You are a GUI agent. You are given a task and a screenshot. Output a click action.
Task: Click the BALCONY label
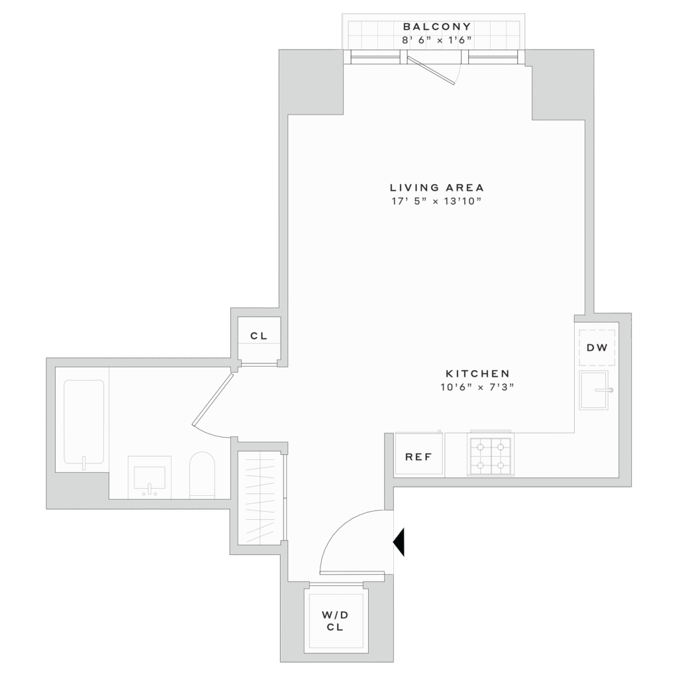click(x=436, y=26)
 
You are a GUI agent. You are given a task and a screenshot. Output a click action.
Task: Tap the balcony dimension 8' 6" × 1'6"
click(x=436, y=40)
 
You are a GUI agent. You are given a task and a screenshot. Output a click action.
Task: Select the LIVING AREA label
click(x=437, y=187)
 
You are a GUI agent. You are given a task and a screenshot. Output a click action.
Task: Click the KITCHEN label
click(x=477, y=373)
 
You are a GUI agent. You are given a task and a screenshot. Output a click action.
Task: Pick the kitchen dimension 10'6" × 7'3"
click(x=477, y=387)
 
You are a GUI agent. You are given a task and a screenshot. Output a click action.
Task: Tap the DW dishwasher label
click(x=597, y=347)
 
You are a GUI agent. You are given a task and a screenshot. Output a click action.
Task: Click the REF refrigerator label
click(x=418, y=457)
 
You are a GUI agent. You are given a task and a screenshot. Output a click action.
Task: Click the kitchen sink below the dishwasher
click(x=594, y=390)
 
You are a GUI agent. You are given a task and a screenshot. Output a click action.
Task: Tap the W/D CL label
click(x=335, y=621)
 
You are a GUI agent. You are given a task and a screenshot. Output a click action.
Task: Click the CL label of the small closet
click(x=259, y=336)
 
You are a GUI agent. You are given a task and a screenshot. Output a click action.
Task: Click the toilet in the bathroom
click(x=203, y=475)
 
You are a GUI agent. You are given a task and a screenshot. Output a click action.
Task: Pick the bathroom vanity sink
click(x=150, y=477)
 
